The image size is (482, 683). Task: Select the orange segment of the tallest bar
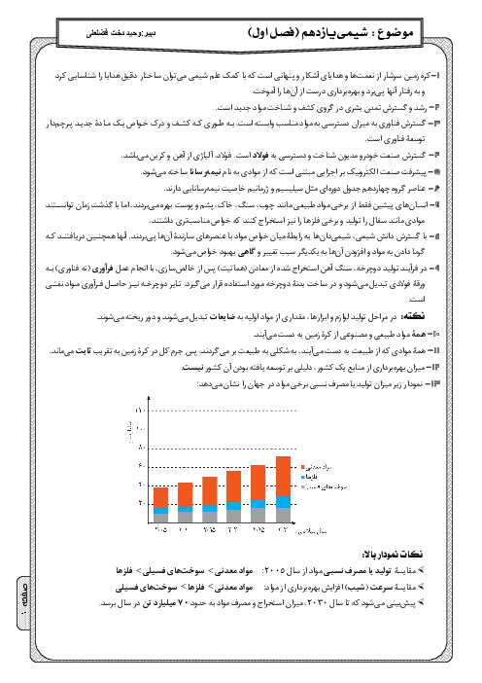(x=283, y=477)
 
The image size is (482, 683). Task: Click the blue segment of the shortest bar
(x=161, y=509)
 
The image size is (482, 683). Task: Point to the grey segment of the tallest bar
(x=283, y=517)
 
